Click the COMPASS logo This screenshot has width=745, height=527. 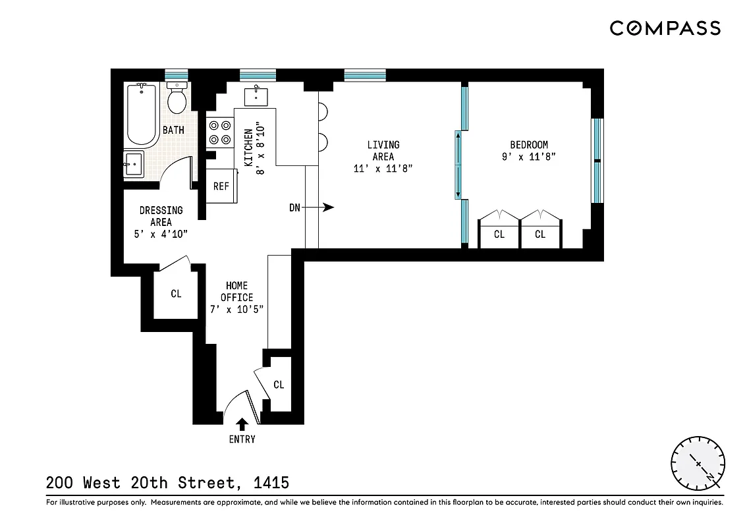(664, 28)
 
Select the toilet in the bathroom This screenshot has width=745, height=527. (176, 99)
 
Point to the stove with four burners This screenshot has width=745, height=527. (220, 131)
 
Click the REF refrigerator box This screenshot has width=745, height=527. (221, 186)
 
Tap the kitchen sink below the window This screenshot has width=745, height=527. (256, 96)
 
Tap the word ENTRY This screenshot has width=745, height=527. (242, 439)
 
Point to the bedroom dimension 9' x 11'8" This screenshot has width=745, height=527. (528, 157)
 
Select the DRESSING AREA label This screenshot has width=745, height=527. (161, 216)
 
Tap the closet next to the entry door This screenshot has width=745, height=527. (278, 385)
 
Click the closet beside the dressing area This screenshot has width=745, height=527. (175, 294)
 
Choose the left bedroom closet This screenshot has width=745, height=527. (499, 235)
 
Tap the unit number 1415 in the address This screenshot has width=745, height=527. (271, 483)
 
